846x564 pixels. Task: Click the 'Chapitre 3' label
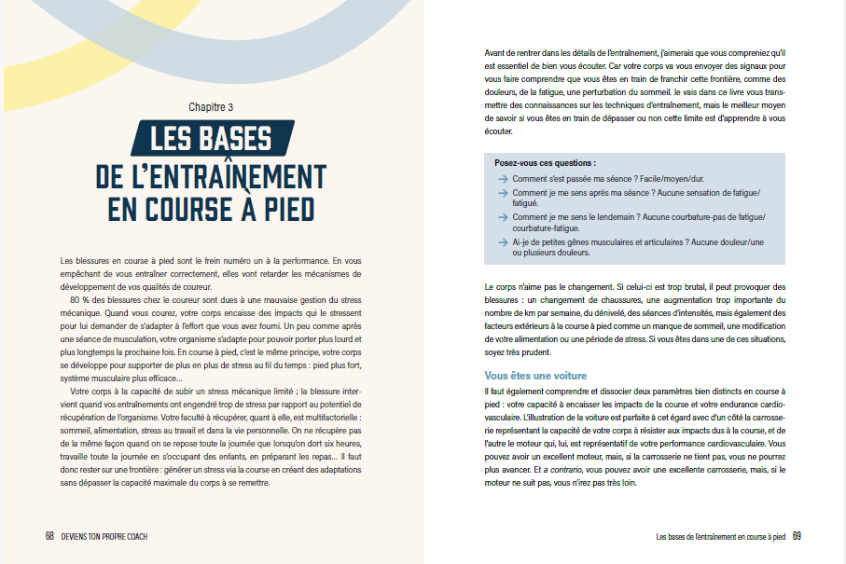211,107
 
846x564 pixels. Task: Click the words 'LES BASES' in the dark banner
211,140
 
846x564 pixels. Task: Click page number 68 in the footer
49,536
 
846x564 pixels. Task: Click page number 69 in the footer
797,536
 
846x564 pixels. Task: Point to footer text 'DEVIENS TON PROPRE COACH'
104,537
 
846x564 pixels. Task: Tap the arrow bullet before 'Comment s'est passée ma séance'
503,177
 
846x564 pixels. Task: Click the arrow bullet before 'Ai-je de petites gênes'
503,242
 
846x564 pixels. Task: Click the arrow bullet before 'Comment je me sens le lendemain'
503,217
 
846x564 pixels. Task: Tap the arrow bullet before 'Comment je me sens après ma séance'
503,192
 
